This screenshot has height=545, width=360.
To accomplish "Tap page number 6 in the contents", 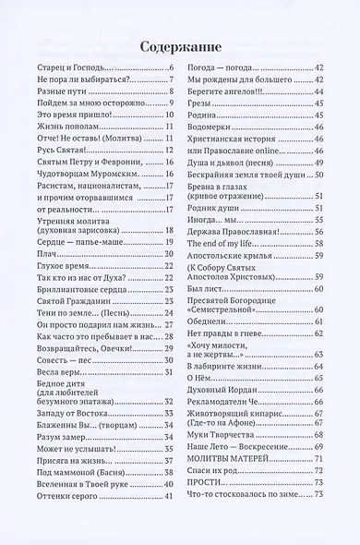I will point(171,70).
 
